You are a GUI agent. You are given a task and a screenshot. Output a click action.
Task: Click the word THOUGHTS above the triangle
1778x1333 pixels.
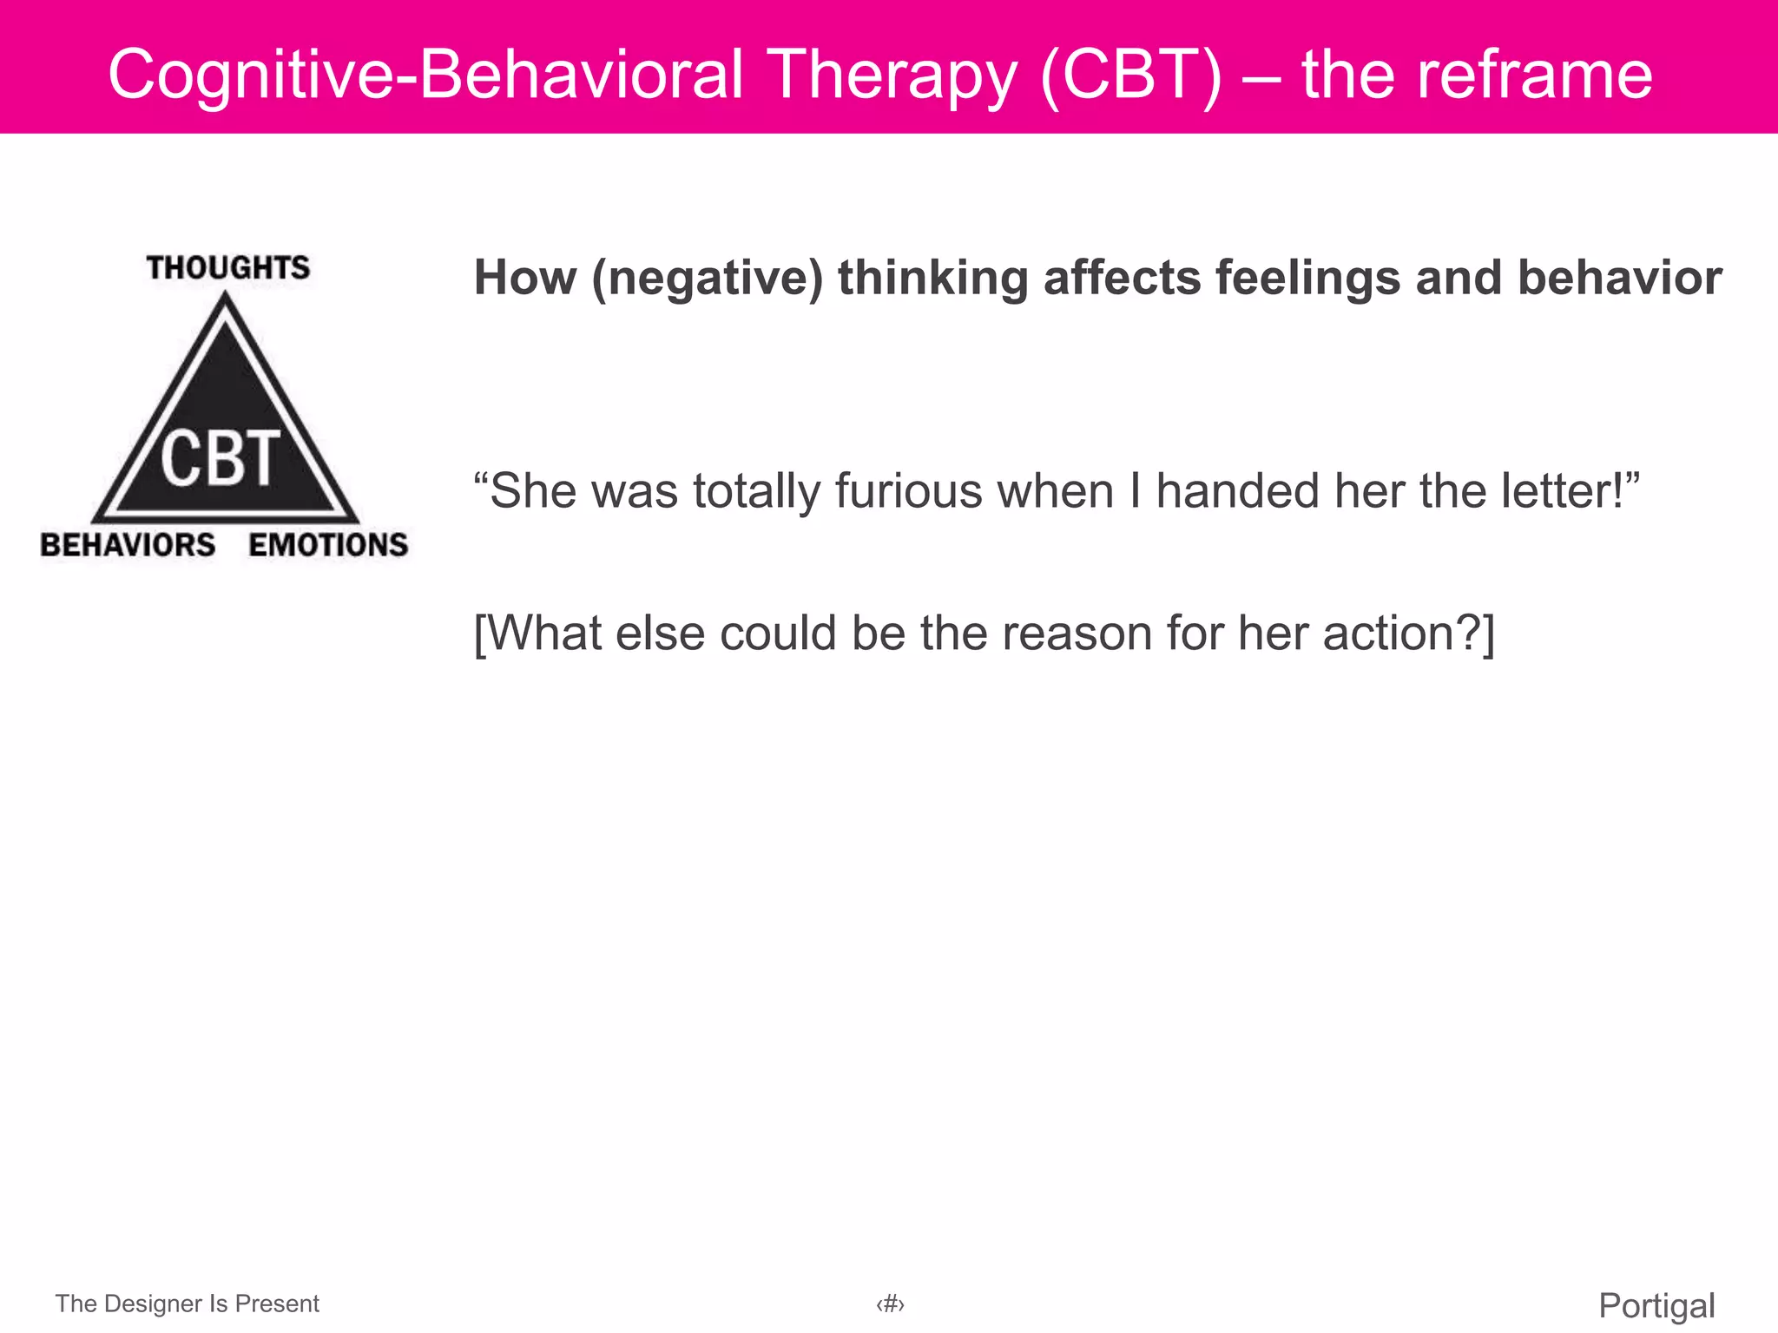click(227, 267)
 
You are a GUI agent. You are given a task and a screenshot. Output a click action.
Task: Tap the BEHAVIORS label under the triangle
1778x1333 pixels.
click(128, 545)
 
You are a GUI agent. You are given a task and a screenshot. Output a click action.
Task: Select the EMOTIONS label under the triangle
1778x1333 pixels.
click(328, 545)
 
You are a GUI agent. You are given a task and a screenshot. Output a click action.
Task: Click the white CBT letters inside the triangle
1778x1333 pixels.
click(221, 458)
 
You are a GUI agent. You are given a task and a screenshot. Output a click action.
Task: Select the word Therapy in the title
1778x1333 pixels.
click(893, 75)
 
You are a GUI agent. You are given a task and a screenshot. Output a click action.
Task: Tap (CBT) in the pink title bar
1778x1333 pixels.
click(1130, 75)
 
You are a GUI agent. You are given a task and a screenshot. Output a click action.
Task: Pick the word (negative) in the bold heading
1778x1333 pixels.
click(707, 279)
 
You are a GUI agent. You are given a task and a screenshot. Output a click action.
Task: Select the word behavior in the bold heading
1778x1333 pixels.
click(1619, 279)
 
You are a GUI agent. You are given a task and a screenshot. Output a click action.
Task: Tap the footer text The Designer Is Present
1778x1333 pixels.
click(188, 1303)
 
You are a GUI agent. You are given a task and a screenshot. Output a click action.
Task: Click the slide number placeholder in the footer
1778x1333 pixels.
click(890, 1303)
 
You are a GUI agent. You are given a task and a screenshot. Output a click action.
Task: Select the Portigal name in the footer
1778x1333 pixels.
click(1656, 1305)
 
